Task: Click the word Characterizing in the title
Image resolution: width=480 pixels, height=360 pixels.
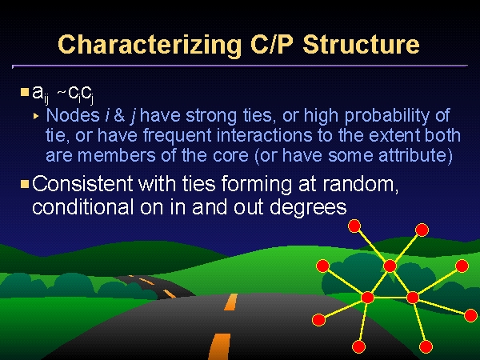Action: pyautogui.click(x=150, y=45)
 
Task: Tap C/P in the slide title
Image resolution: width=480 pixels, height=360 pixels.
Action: pyautogui.click(x=273, y=44)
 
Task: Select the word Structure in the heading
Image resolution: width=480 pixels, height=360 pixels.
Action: pyautogui.click(x=362, y=44)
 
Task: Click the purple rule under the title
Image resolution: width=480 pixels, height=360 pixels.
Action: pyautogui.click(x=240, y=66)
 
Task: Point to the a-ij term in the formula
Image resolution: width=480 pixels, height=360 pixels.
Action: pyautogui.click(x=41, y=94)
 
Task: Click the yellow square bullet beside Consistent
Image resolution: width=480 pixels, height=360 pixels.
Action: pyautogui.click(x=25, y=184)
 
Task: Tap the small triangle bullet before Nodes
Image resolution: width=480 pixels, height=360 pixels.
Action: pyautogui.click(x=36, y=116)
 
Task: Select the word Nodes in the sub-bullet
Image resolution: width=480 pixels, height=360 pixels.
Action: pyautogui.click(x=73, y=115)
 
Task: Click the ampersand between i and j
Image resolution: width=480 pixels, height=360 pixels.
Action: pyautogui.click(x=119, y=116)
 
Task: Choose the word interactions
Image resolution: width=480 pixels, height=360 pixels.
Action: pyautogui.click(x=264, y=135)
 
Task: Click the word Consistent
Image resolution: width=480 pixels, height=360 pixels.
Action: pyautogui.click(x=82, y=184)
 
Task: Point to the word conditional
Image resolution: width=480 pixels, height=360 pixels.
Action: pyautogui.click(x=82, y=206)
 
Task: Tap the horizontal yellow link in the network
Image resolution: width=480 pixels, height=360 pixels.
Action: pyautogui.click(x=390, y=298)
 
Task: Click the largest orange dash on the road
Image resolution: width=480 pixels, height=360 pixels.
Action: pyautogui.click(x=219, y=346)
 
